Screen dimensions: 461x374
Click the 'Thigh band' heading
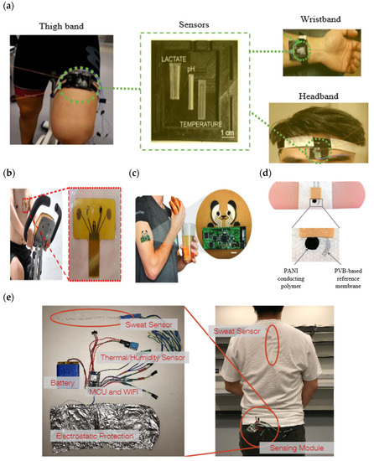60,25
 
